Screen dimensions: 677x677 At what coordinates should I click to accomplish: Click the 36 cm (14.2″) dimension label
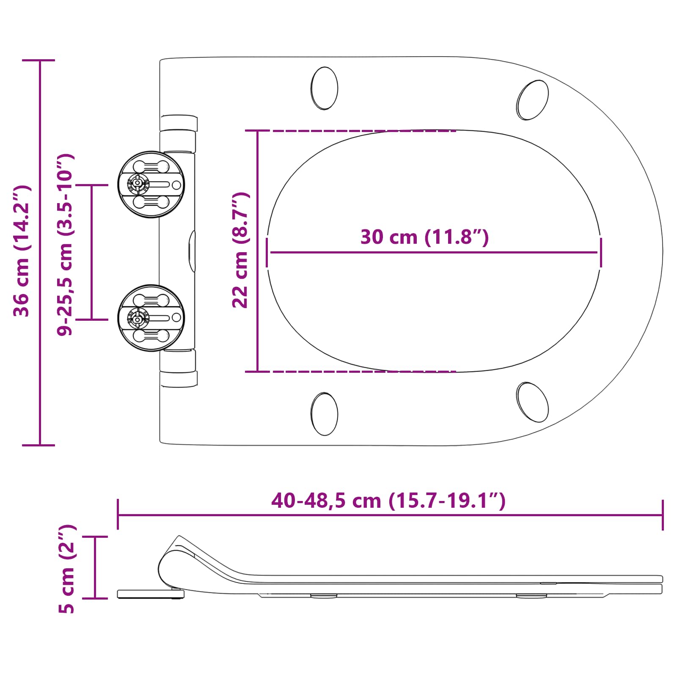tap(21, 251)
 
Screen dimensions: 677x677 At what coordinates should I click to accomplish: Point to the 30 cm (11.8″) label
tap(424, 237)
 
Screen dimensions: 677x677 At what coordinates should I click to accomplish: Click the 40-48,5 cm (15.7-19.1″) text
tap(388, 501)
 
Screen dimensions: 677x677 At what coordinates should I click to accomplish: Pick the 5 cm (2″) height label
tap(67, 569)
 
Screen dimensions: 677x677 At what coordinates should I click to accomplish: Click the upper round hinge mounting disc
tap(151, 184)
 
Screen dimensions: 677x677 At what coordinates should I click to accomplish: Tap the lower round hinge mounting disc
tap(151, 318)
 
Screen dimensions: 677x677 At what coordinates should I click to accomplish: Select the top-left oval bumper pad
tap(325, 88)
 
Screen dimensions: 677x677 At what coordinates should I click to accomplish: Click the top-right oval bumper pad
tap(532, 100)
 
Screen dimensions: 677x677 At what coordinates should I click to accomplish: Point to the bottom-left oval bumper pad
tap(325, 413)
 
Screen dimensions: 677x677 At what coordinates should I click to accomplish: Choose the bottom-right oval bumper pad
tap(532, 402)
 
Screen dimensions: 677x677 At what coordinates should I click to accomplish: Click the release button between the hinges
tap(193, 251)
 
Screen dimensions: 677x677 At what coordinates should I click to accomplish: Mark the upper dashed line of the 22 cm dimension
tap(360, 131)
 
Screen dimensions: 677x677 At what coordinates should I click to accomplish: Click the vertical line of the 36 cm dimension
tap(40, 338)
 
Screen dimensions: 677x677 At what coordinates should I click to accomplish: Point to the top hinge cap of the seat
tap(179, 123)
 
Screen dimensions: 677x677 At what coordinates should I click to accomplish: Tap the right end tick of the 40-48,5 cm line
tap(663, 515)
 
